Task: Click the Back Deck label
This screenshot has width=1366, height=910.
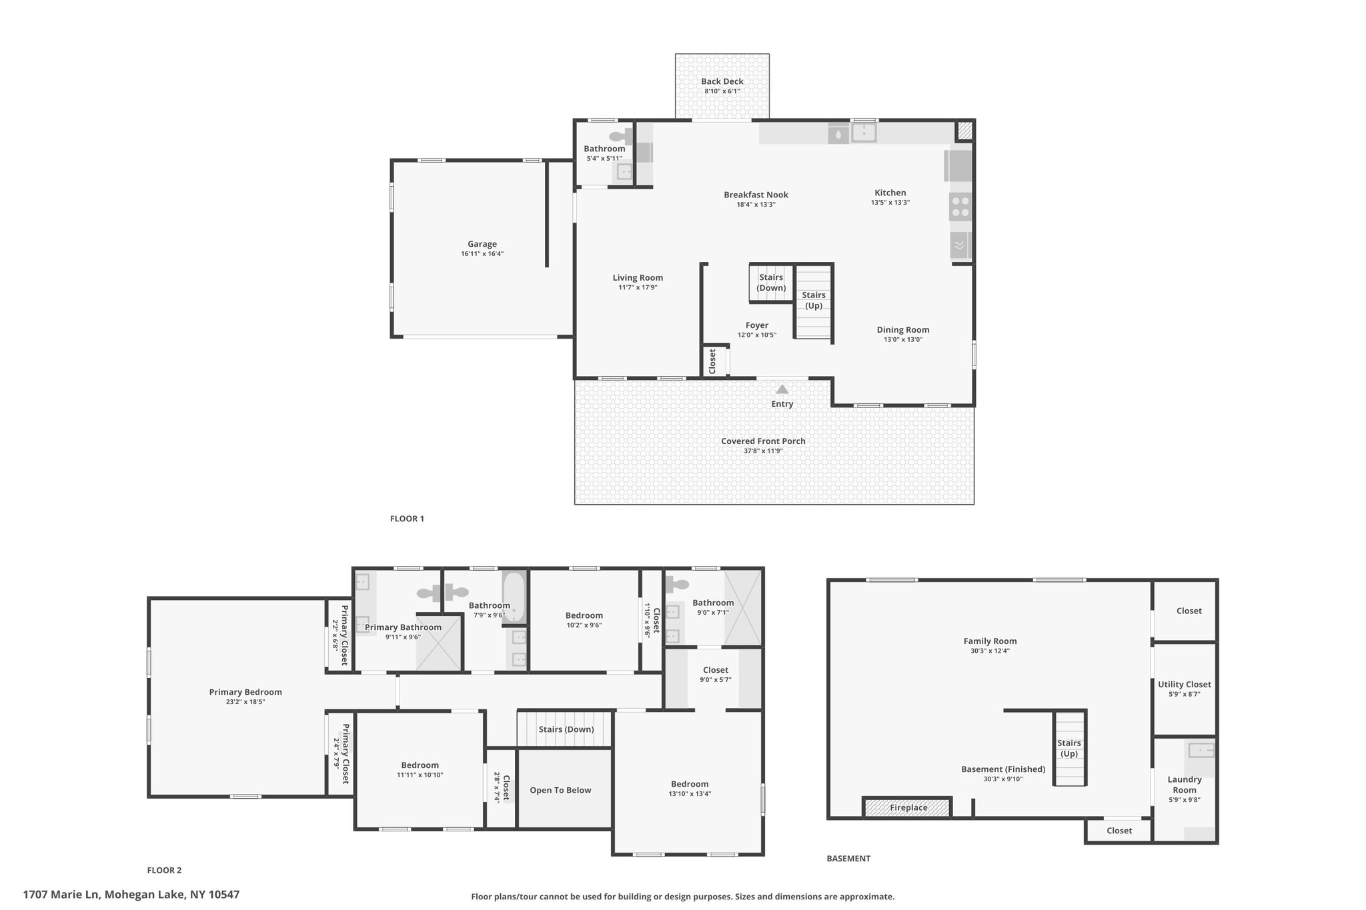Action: tap(722, 81)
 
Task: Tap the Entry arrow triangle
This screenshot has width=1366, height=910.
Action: tap(782, 389)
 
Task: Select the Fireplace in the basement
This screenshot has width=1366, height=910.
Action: tap(907, 807)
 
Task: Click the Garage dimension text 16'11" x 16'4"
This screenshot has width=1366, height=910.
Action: tap(482, 254)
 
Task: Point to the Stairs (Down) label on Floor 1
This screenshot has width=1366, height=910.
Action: tap(771, 283)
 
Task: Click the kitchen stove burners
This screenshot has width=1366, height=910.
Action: tap(960, 207)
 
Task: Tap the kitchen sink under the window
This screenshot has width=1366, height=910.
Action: tap(864, 133)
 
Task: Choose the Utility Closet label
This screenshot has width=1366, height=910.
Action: tap(1185, 684)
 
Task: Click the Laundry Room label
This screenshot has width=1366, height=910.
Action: tap(1185, 785)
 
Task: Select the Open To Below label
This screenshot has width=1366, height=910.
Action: tap(560, 790)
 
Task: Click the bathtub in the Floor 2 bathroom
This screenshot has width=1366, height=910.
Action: tap(514, 597)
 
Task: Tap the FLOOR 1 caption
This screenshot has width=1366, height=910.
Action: tap(407, 519)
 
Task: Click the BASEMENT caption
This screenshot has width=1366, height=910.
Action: tap(848, 859)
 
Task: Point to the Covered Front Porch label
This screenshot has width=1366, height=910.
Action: tap(763, 441)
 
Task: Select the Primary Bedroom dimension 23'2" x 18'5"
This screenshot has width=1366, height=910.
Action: tap(245, 702)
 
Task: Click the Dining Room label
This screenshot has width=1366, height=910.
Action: tap(902, 329)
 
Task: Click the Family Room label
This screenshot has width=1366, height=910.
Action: tap(990, 641)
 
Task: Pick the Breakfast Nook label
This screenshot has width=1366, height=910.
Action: tap(756, 195)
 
